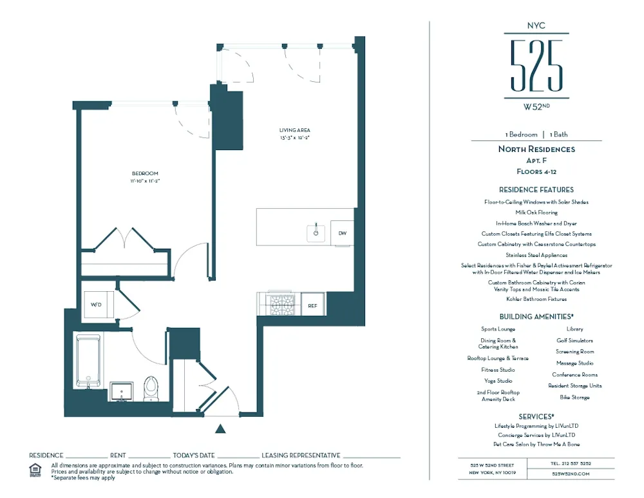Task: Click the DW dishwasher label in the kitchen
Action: coord(342,233)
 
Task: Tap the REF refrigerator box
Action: coord(313,305)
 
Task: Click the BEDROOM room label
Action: coord(145,173)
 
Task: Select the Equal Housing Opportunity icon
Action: coord(35,470)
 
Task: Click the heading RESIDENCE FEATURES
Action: coord(536,190)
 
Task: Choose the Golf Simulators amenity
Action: coord(574,340)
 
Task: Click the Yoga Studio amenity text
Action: coord(498,381)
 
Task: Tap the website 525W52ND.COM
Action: coord(571,474)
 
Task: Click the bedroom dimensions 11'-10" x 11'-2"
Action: coord(145,181)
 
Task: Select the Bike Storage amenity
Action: coord(574,397)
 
